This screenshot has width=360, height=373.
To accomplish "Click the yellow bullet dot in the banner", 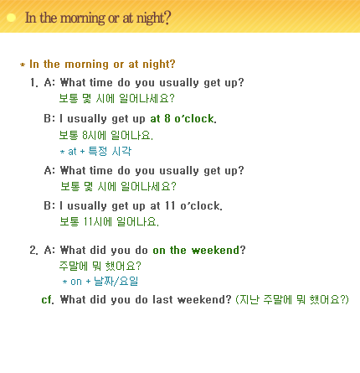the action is [11, 18].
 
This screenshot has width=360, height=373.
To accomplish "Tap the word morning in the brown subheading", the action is [87, 65].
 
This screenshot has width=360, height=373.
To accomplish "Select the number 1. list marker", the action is [33, 83].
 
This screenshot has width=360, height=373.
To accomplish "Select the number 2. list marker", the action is [33, 250].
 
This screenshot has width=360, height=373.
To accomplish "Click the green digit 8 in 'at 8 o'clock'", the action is [167, 118].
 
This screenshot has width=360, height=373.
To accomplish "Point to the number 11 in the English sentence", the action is [170, 205].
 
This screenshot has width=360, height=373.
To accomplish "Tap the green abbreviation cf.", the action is [48, 300].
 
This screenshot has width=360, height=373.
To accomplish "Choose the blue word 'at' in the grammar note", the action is [72, 152].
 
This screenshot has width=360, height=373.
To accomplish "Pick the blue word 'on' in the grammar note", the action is [76, 282].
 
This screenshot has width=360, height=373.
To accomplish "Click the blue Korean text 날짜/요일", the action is [116, 281].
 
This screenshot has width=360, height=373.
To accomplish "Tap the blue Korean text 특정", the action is [98, 151].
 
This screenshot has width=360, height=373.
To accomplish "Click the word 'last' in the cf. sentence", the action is [162, 299].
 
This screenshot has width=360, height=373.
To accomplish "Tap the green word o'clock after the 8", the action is [195, 119].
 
